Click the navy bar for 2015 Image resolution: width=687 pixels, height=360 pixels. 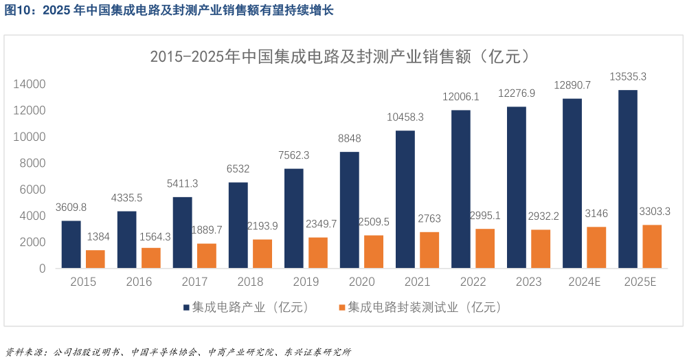click(x=71, y=245)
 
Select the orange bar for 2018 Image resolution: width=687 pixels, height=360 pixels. click(x=262, y=254)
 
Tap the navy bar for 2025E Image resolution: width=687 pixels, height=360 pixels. click(x=627, y=179)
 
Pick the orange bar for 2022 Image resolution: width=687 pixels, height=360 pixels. click(x=485, y=248)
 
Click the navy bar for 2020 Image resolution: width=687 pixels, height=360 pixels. click(x=349, y=210)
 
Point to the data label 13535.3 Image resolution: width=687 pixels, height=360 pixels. click(x=628, y=77)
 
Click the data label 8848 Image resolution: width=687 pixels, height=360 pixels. click(x=349, y=138)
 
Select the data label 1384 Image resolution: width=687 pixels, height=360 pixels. click(x=96, y=237)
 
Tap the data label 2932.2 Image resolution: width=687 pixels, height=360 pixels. click(x=540, y=216)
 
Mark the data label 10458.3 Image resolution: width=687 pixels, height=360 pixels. click(x=405, y=117)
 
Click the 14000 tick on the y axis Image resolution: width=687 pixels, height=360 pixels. click(x=29, y=85)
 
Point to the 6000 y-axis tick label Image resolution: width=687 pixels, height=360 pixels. click(x=32, y=190)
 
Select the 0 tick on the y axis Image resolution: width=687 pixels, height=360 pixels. click(x=42, y=269)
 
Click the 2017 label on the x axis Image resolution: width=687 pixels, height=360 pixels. click(x=194, y=282)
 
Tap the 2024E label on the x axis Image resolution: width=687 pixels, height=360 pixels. click(x=585, y=282)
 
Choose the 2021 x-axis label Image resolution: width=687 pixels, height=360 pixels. click(x=417, y=282)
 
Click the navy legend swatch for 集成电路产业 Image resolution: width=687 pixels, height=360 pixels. click(x=186, y=308)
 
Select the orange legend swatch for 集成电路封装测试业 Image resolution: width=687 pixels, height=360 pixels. click(x=341, y=308)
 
